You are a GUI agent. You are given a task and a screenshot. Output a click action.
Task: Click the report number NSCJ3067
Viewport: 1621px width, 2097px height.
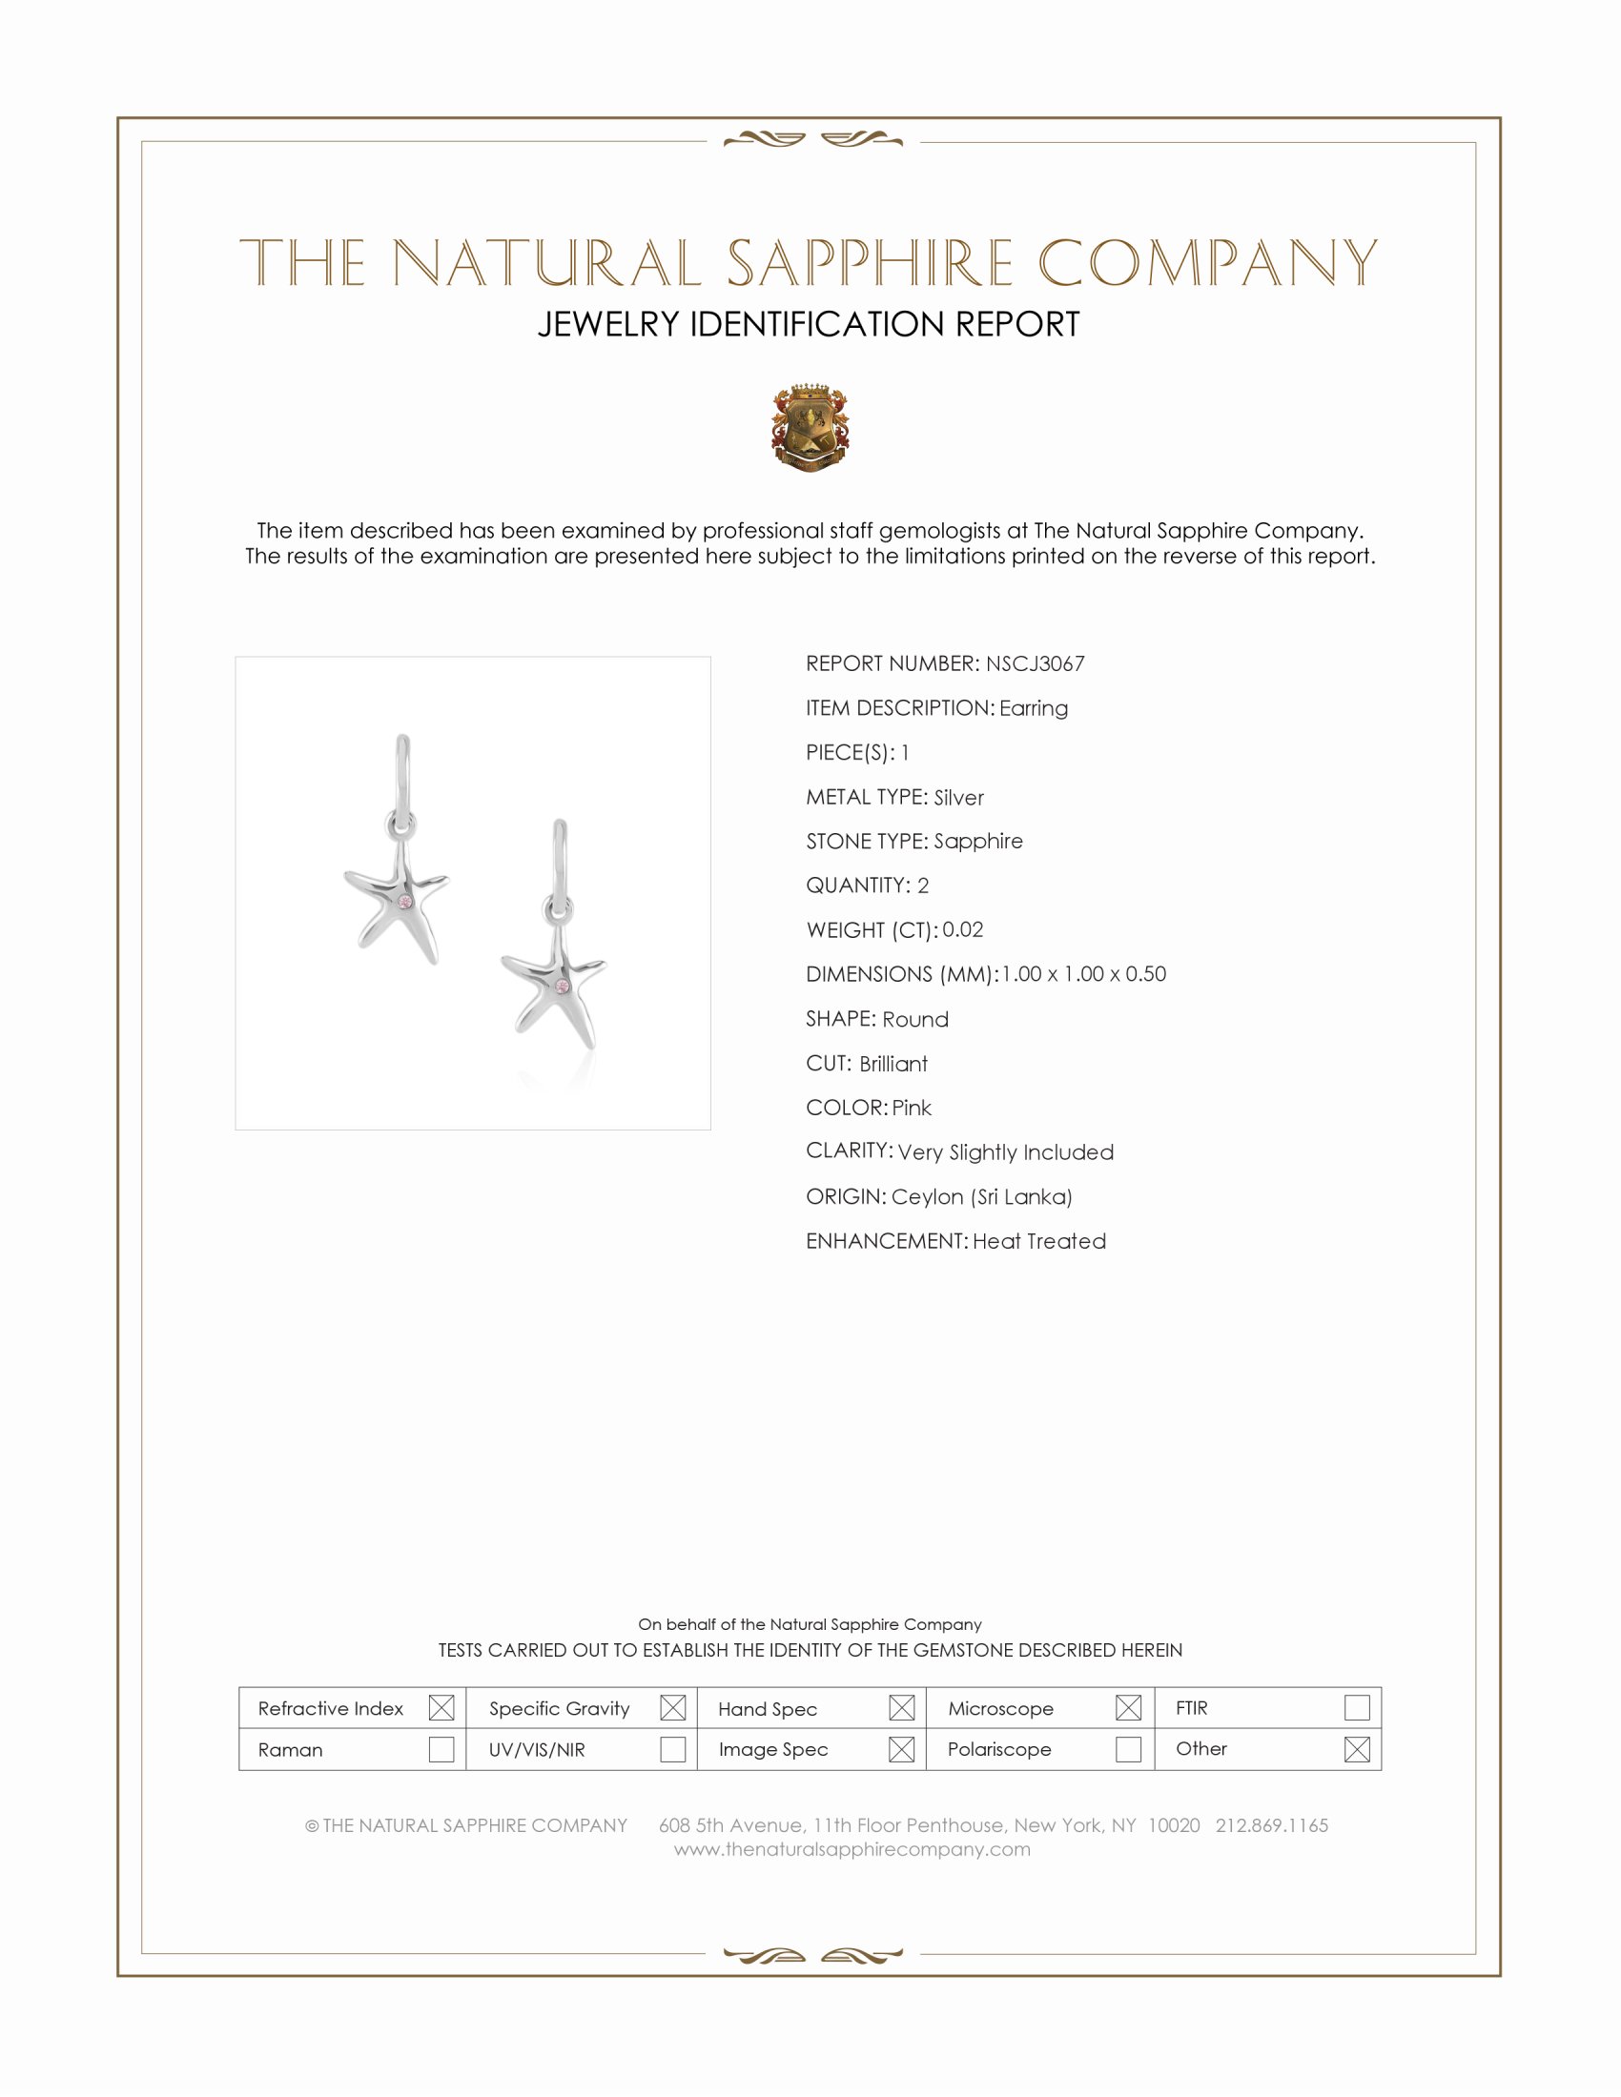(x=1035, y=663)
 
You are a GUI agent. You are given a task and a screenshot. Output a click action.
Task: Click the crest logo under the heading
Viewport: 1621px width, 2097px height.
(x=810, y=427)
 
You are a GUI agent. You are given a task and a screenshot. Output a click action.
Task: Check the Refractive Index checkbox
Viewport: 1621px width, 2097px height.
(x=441, y=1708)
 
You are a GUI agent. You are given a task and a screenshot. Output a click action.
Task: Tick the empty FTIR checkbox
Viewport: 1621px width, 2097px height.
(x=1356, y=1708)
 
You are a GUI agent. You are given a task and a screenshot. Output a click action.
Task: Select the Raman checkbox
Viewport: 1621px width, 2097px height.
(x=441, y=1749)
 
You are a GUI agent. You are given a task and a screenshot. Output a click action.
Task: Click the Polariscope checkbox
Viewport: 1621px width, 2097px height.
(x=1128, y=1749)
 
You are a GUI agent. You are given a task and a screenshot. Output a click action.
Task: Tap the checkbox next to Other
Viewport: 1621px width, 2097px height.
(x=1356, y=1749)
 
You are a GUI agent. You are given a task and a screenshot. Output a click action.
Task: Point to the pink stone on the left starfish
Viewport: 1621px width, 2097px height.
(x=405, y=902)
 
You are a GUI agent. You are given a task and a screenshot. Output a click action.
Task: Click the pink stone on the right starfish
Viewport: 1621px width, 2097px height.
(x=564, y=987)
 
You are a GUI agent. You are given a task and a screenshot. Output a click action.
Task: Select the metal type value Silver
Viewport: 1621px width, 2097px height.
(x=958, y=797)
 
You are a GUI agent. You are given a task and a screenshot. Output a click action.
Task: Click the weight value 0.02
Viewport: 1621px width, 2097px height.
(x=962, y=929)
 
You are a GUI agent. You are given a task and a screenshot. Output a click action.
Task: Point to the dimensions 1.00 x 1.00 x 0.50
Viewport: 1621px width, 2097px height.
(x=1083, y=973)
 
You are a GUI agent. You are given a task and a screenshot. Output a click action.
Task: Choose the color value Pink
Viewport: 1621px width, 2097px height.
(x=912, y=1108)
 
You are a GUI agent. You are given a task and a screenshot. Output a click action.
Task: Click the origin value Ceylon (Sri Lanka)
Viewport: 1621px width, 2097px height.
(x=981, y=1196)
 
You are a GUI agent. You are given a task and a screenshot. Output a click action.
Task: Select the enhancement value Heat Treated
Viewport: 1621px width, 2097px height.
(x=1039, y=1241)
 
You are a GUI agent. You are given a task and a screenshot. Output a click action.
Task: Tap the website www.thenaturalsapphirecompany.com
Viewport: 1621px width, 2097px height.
(x=852, y=1849)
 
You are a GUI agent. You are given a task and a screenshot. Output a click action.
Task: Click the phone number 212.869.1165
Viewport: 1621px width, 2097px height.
(x=1271, y=1825)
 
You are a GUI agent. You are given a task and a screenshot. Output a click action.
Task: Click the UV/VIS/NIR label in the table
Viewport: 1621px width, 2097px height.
(x=537, y=1749)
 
